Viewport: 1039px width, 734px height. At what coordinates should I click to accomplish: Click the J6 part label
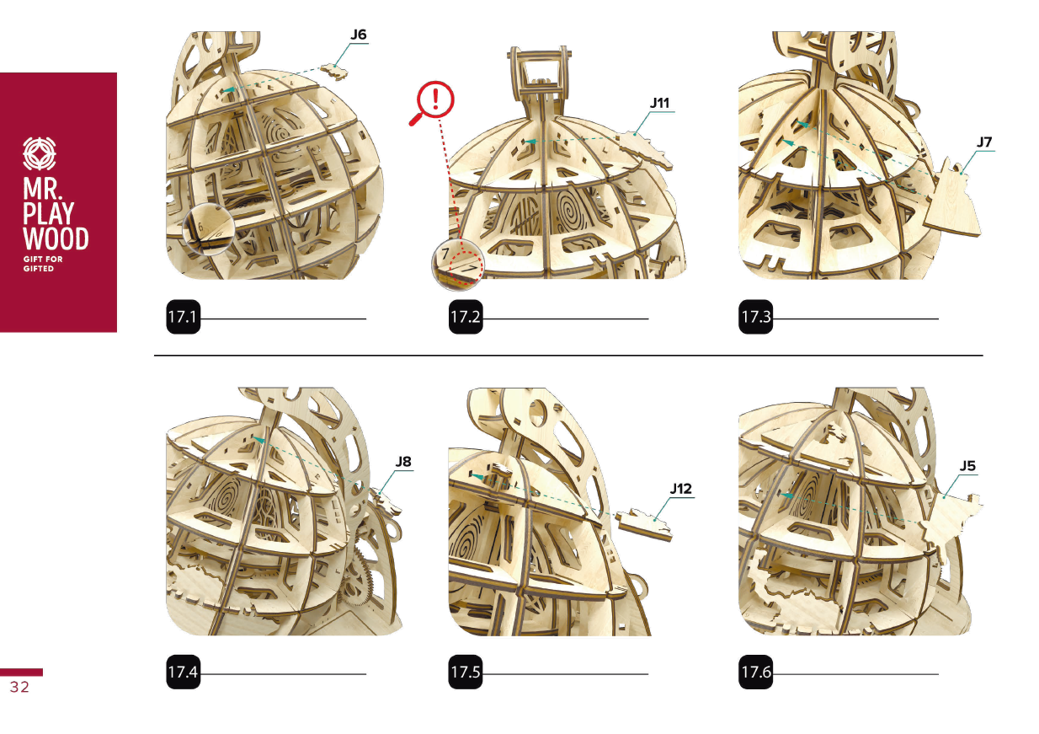pyautogui.click(x=358, y=35)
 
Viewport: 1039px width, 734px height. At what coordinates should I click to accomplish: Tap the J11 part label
pyautogui.click(x=659, y=103)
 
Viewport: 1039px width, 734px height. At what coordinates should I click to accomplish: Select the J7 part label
pyautogui.click(x=983, y=142)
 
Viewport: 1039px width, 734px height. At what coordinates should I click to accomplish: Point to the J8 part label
pyautogui.click(x=403, y=461)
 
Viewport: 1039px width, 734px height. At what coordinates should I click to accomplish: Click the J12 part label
pyautogui.click(x=680, y=489)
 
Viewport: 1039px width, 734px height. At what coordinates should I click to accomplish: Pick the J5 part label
pyautogui.click(x=967, y=466)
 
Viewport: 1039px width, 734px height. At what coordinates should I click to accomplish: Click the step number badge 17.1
pyautogui.click(x=184, y=317)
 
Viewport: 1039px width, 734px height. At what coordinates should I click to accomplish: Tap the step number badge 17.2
pyautogui.click(x=466, y=317)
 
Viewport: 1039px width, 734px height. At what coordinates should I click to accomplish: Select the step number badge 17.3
pyautogui.click(x=755, y=317)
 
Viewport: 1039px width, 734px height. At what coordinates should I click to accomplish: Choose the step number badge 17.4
pyautogui.click(x=184, y=672)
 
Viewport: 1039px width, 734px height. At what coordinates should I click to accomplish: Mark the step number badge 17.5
pyautogui.click(x=466, y=672)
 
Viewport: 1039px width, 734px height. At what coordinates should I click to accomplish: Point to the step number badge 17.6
pyautogui.click(x=755, y=672)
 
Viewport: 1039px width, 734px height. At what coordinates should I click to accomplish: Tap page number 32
pyautogui.click(x=19, y=687)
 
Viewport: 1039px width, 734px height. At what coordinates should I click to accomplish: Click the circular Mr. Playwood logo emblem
pyautogui.click(x=40, y=153)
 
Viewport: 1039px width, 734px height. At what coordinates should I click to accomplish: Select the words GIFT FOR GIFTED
pyautogui.click(x=43, y=264)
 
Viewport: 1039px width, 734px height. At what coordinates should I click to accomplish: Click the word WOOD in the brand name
pyautogui.click(x=56, y=238)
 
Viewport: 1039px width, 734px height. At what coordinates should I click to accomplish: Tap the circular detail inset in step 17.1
pyautogui.click(x=209, y=229)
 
